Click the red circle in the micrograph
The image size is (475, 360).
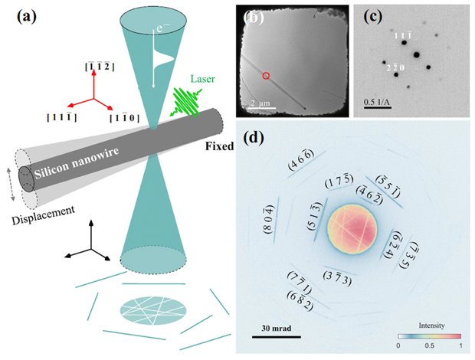tap(266, 76)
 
